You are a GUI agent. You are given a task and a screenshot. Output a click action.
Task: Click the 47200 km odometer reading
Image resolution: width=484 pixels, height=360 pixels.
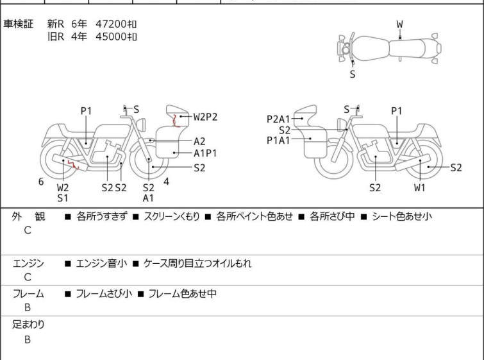116,24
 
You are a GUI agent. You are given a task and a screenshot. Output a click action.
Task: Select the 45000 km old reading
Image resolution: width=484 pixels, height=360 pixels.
116,36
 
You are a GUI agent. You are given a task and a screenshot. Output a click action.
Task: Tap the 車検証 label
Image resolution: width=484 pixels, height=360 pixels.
19,24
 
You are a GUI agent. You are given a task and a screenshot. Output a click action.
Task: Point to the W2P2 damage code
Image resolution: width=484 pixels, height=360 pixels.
205,117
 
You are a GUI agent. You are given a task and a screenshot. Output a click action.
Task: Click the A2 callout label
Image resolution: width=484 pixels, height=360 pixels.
199,141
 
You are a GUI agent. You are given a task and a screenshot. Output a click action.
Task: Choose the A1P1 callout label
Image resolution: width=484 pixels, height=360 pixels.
205,153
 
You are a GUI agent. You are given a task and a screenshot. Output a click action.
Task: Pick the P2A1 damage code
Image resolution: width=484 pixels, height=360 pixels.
279,118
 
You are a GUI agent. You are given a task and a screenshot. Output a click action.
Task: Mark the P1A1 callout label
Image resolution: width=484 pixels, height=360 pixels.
279,139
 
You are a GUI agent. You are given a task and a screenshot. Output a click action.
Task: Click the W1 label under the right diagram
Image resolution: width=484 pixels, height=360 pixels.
419,187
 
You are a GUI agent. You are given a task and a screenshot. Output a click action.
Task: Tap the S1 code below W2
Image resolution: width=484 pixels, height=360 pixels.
63,198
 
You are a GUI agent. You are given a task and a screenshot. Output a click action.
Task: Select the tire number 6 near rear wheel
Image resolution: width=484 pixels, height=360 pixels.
41,182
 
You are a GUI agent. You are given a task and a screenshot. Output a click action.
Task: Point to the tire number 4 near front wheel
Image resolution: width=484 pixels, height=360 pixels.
166,182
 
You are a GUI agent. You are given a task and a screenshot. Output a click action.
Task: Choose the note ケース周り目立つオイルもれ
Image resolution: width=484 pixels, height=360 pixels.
197,263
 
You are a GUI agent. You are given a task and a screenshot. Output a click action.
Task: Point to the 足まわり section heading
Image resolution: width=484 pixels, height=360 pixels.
29,325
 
